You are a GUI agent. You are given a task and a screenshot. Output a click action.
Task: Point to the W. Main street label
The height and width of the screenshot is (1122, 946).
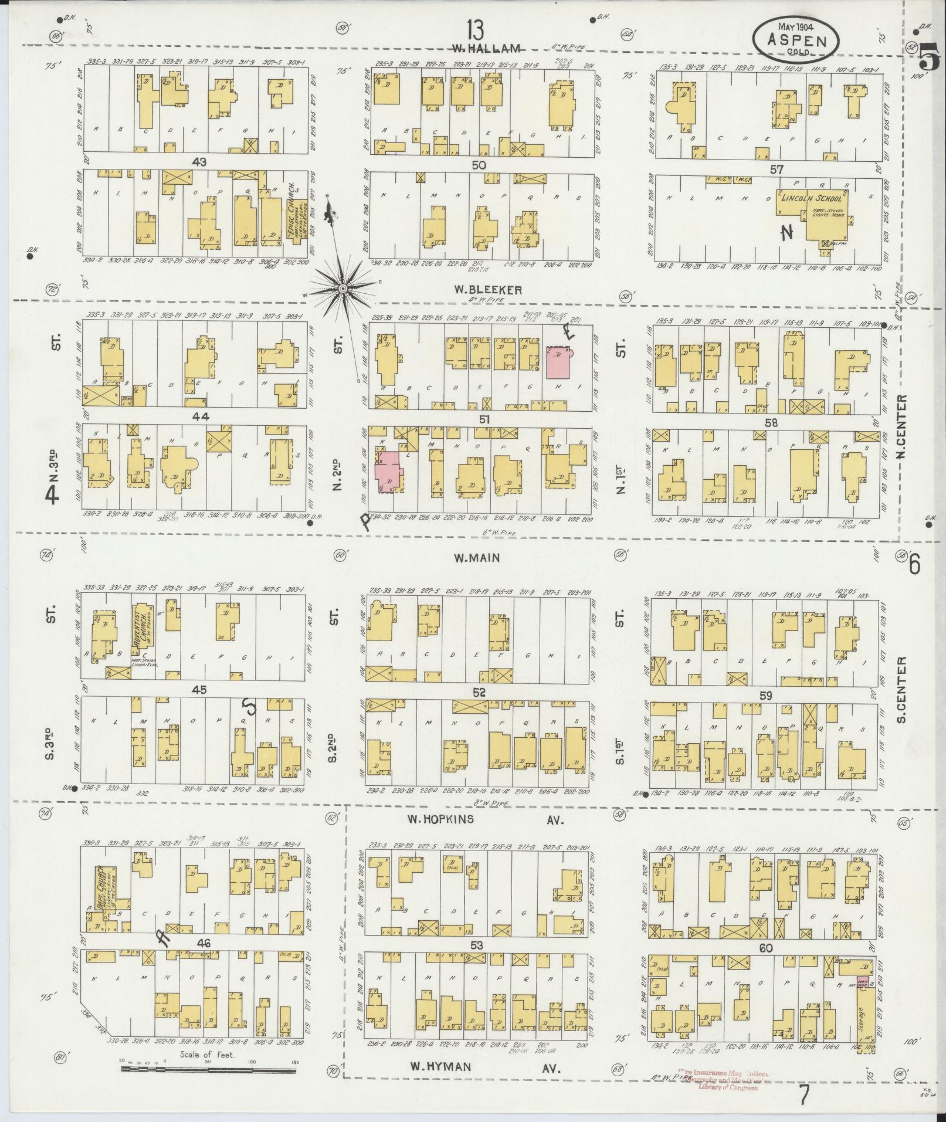click(x=477, y=558)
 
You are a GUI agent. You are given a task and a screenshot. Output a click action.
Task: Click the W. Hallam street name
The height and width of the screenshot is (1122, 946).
click(x=486, y=48)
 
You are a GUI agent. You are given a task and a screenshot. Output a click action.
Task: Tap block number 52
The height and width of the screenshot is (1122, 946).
click(x=479, y=693)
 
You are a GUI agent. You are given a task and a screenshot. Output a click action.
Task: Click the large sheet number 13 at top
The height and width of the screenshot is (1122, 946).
click(x=476, y=28)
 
